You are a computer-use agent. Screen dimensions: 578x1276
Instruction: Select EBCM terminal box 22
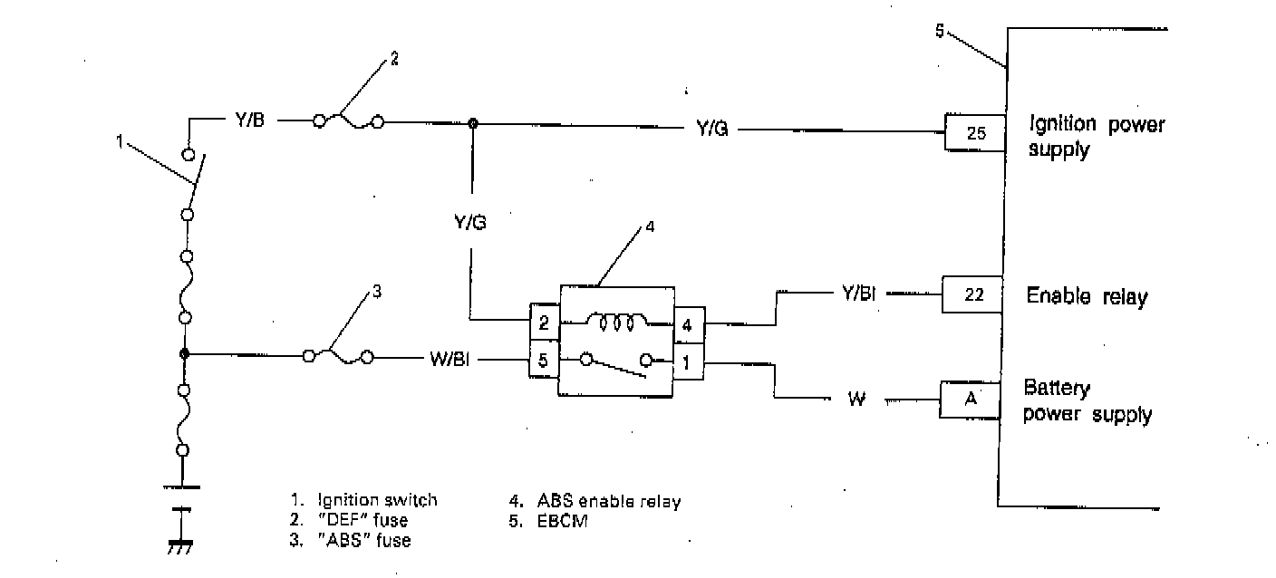(x=972, y=294)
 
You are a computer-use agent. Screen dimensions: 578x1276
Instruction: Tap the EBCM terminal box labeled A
(x=970, y=400)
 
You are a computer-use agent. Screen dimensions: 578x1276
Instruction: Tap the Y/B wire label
(x=245, y=119)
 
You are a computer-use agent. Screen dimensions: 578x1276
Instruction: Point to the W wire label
(x=856, y=400)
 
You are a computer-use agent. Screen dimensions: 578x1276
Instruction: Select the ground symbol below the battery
(x=182, y=546)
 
